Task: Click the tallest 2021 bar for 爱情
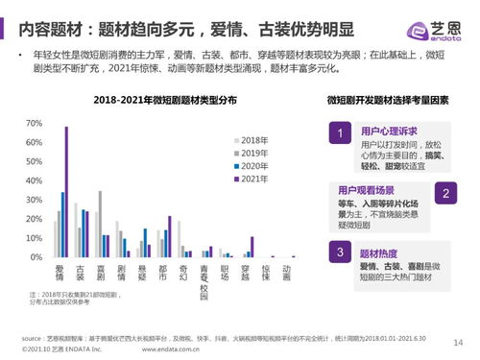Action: point(66,192)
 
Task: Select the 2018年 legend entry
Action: point(252,140)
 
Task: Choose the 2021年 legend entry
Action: point(252,179)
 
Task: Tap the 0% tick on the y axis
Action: point(35,257)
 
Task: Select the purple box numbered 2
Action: point(446,193)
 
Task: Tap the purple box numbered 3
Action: point(339,252)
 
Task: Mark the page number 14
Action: point(457,341)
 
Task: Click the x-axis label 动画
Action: point(285,275)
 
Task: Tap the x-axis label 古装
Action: point(82,275)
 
